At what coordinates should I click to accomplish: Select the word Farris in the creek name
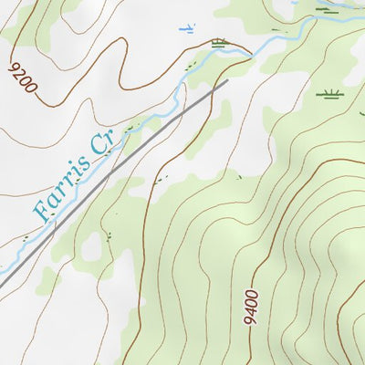pyautogui.click(x=63, y=187)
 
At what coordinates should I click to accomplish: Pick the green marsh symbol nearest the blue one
pyautogui.click(x=219, y=42)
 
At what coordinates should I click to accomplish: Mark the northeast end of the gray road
pyautogui.click(x=226, y=81)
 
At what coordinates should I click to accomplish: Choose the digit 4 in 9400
pyautogui.click(x=252, y=314)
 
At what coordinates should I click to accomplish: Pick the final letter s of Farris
pyautogui.click(x=88, y=162)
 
